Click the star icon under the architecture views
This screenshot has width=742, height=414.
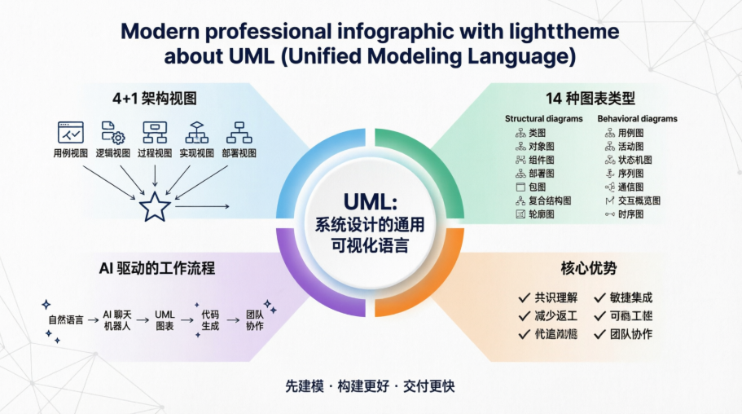click(x=153, y=207)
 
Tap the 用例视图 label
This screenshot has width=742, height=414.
click(x=71, y=153)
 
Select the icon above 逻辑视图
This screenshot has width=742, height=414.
click(x=112, y=132)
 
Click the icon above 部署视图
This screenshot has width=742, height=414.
click(x=239, y=132)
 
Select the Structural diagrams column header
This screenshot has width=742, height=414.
click(x=544, y=119)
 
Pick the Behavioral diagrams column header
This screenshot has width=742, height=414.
click(x=637, y=119)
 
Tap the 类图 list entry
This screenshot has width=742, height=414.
click(x=537, y=133)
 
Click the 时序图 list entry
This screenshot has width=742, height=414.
click(x=630, y=214)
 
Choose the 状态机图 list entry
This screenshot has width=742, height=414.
click(x=634, y=160)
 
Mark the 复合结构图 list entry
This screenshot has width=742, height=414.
click(x=549, y=200)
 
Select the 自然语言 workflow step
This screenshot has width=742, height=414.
click(x=65, y=319)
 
